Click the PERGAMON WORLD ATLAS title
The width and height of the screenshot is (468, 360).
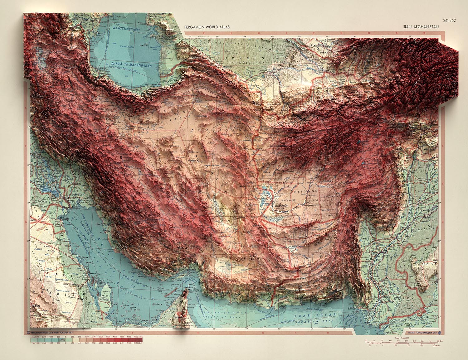pos(207,27)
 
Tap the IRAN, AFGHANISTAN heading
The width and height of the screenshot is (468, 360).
pos(421,27)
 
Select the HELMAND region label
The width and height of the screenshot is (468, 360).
pos(308,191)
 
